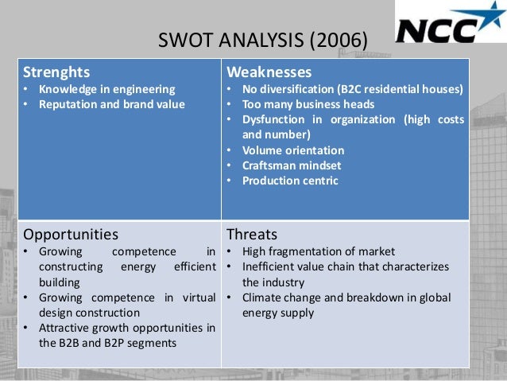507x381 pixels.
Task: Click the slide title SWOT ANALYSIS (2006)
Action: tap(262, 39)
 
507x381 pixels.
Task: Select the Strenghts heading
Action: tap(56, 72)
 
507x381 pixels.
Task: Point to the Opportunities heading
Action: tap(71, 235)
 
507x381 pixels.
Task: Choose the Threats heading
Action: tap(252, 235)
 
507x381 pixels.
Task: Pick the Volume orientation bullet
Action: tap(293, 150)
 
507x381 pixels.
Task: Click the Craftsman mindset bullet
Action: tap(292, 165)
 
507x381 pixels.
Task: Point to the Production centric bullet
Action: tap(290, 181)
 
